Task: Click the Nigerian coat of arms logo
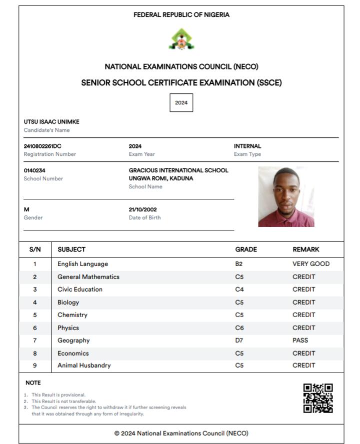(181, 39)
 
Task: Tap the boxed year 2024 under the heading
(181, 103)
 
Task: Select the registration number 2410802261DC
(42, 146)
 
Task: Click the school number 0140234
(34, 170)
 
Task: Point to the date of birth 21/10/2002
(142, 209)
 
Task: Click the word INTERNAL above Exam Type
(247, 146)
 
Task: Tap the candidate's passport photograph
(286, 197)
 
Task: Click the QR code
(318, 398)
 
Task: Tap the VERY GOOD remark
(311, 264)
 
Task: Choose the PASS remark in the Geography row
(300, 340)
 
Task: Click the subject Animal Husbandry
(84, 365)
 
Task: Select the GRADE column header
(246, 249)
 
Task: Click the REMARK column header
(305, 249)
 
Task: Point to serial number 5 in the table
(35, 315)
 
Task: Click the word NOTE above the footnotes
(33, 383)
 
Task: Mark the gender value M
(26, 209)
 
